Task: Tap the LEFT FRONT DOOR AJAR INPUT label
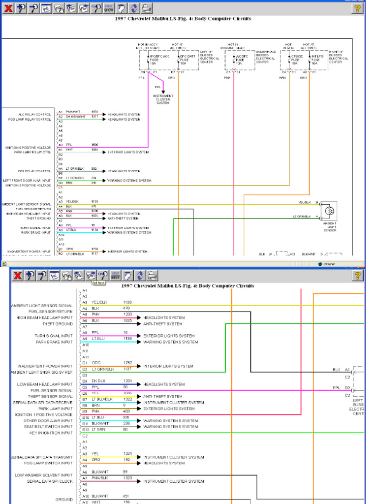(27, 181)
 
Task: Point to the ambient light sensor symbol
(330, 211)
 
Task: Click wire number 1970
(95, 112)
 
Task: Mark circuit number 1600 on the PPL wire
(95, 145)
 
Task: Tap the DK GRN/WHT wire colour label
(75, 117)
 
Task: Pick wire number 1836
(127, 393)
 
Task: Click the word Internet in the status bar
(328, 264)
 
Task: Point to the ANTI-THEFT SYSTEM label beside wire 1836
(162, 396)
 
